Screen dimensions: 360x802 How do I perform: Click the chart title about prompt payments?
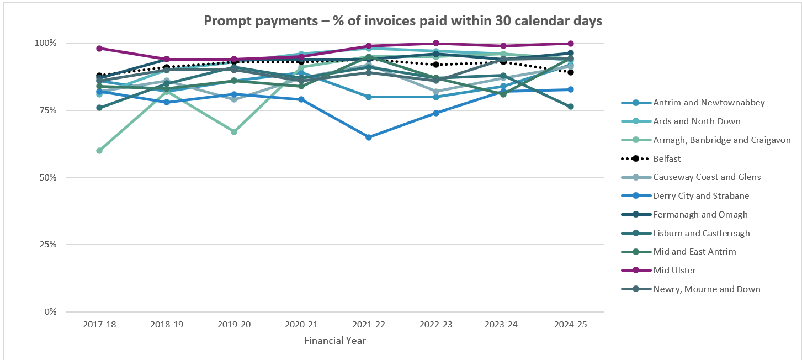coord(402,21)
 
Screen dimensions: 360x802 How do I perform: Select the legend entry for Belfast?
coord(667,158)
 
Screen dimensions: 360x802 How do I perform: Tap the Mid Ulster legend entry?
coord(674,270)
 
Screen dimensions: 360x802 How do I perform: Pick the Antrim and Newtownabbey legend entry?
coord(701,103)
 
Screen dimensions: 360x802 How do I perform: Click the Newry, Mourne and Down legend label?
coord(706,289)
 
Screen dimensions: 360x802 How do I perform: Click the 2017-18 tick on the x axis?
coord(99,325)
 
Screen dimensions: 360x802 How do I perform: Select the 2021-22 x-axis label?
coord(368,325)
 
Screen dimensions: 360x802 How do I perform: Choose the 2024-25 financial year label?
coord(571,325)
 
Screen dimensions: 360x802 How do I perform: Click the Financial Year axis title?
coord(335,341)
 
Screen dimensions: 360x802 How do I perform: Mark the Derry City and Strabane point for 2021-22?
coord(369,137)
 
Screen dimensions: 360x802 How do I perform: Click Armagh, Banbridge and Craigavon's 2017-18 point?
coord(99,151)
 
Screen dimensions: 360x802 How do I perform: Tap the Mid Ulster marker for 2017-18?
coord(99,49)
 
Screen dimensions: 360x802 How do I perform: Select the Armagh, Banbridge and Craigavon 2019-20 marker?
coord(234,132)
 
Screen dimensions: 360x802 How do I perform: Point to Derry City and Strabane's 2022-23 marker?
coord(436,113)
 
